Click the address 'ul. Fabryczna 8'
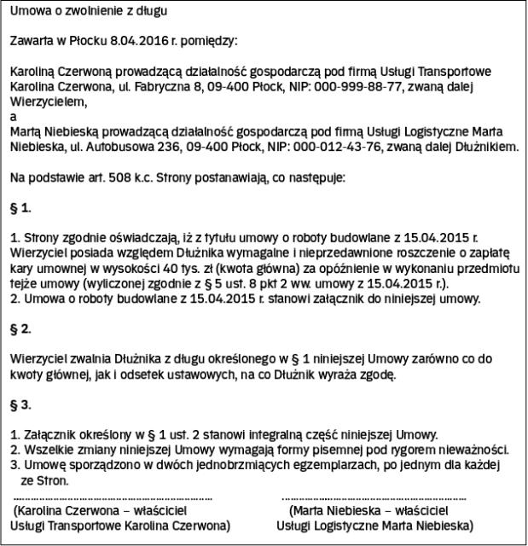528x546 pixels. click(155, 86)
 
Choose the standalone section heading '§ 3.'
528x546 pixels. click(20, 404)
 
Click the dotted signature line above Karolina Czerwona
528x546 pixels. click(113, 497)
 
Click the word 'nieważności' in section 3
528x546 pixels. click(467, 450)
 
